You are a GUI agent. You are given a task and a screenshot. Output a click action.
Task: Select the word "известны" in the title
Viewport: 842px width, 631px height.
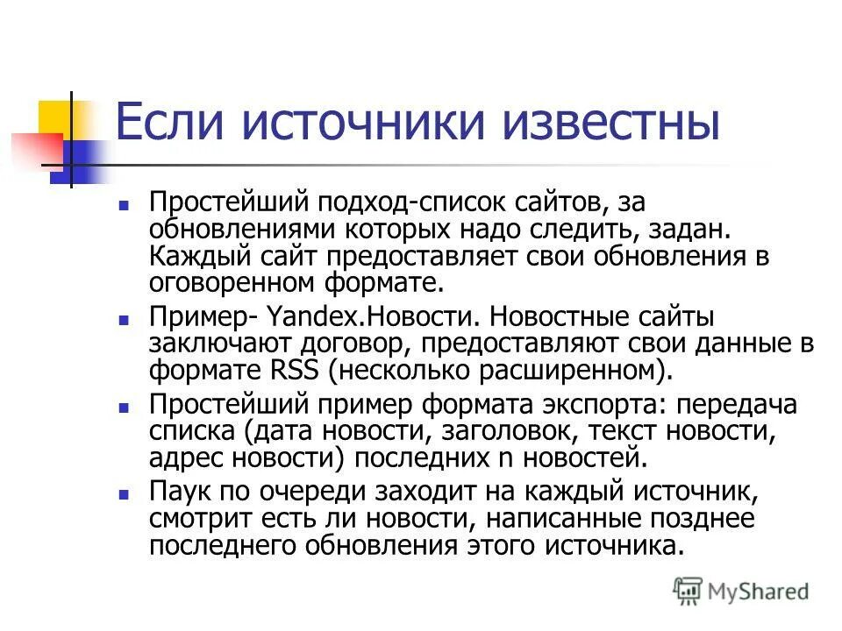[x=608, y=124]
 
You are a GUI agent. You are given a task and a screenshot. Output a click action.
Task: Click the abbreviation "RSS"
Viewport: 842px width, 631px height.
[x=292, y=369]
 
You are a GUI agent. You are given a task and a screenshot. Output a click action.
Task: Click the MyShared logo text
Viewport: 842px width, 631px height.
[x=758, y=592]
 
